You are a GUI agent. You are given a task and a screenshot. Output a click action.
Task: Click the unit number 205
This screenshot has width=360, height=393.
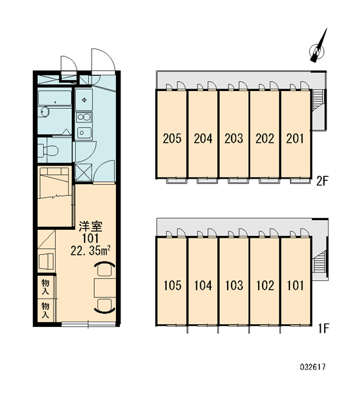click(x=172, y=139)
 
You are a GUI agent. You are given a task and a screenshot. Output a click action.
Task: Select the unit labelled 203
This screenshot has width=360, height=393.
click(x=234, y=139)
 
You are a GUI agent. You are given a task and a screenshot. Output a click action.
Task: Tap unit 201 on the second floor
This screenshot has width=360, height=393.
click(x=295, y=139)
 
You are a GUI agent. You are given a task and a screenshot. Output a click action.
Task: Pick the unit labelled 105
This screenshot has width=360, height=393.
click(x=172, y=286)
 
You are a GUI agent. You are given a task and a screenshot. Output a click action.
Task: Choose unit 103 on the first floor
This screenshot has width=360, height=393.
click(x=234, y=286)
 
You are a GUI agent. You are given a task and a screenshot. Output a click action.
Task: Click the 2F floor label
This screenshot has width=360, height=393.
click(x=322, y=181)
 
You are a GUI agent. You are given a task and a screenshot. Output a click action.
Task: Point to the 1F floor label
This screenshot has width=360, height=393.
click(x=323, y=328)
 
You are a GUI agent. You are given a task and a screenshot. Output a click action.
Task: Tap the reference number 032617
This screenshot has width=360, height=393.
click(x=313, y=367)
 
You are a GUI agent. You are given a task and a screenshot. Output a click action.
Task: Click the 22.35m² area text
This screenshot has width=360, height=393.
click(x=91, y=250)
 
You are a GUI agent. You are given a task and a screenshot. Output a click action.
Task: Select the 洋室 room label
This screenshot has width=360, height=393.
click(x=90, y=227)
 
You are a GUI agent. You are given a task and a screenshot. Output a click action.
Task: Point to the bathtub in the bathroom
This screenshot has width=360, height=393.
click(x=55, y=98)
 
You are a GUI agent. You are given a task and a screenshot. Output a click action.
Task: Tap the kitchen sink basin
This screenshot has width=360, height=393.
click(x=84, y=132)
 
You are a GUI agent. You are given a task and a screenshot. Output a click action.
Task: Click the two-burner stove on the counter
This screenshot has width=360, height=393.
click(x=84, y=117)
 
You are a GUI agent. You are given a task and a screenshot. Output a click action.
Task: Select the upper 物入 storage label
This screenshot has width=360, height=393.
click(x=46, y=287)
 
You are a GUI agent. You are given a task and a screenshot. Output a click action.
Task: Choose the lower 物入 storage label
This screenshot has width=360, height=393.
click(x=46, y=310)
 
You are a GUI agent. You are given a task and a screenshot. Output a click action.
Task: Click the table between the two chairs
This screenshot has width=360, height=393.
click(x=105, y=288)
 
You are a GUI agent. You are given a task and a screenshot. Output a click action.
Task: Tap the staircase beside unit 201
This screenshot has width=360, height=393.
click(x=318, y=100)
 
